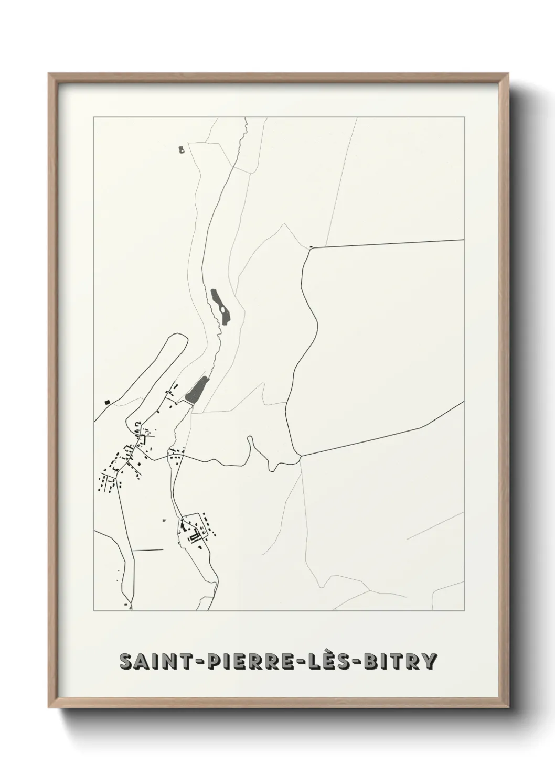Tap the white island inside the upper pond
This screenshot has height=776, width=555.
pyautogui.click(x=223, y=310)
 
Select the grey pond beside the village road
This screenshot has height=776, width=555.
pyautogui.click(x=196, y=390)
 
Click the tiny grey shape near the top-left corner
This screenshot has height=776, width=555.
pyautogui.click(x=182, y=150)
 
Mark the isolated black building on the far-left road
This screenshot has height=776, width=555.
pyautogui.click(x=108, y=402)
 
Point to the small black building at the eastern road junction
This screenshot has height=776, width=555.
pyautogui.click(x=311, y=246)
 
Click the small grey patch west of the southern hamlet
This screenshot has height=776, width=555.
pyautogui.click(x=164, y=520)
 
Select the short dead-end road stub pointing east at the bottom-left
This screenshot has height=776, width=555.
pyautogui.click(x=148, y=550)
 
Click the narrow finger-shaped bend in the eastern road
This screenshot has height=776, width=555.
pyautogui.click(x=251, y=440)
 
